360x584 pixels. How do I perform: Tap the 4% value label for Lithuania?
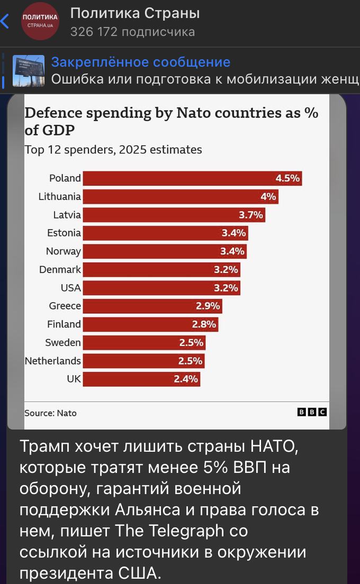coord(268,197)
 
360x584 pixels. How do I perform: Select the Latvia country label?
coord(67,215)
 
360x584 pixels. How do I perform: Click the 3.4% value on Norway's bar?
coord(232,251)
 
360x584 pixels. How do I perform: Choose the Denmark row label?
coord(60,269)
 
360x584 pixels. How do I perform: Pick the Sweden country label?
coord(63,342)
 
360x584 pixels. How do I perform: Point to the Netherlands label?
coord(53,361)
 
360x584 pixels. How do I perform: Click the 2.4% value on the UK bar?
coord(186,379)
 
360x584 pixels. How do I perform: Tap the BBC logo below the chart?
coord(312,412)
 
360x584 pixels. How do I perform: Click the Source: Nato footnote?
coord(50,413)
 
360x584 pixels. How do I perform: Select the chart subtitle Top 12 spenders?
coord(113,150)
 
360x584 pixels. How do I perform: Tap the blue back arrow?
coord(5,21)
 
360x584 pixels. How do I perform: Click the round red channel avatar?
coord(40,21)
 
